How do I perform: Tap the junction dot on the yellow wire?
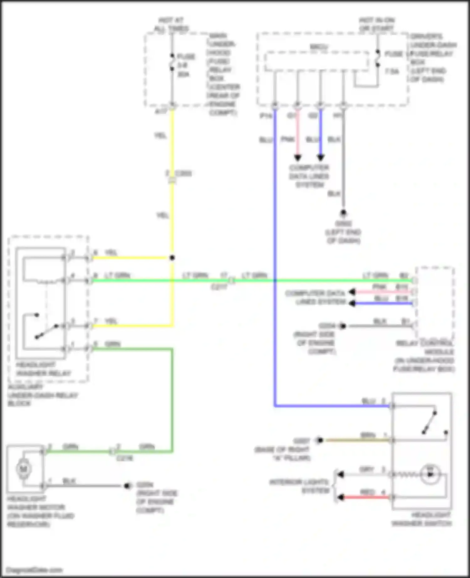click(x=172, y=258)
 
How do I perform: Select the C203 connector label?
click(x=183, y=173)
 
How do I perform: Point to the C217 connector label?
click(x=219, y=286)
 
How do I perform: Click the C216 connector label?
click(x=124, y=458)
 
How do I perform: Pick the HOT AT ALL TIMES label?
click(x=171, y=24)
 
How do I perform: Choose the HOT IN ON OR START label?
click(x=376, y=24)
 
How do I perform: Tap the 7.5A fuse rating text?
click(x=392, y=72)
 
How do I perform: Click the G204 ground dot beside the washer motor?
click(x=127, y=486)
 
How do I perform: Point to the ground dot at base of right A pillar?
click(x=320, y=440)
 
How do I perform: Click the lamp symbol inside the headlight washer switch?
click(x=430, y=474)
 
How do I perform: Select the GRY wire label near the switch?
click(x=367, y=469)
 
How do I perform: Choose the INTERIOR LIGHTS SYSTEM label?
click(x=299, y=486)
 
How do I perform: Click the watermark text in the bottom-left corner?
click(x=34, y=570)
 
